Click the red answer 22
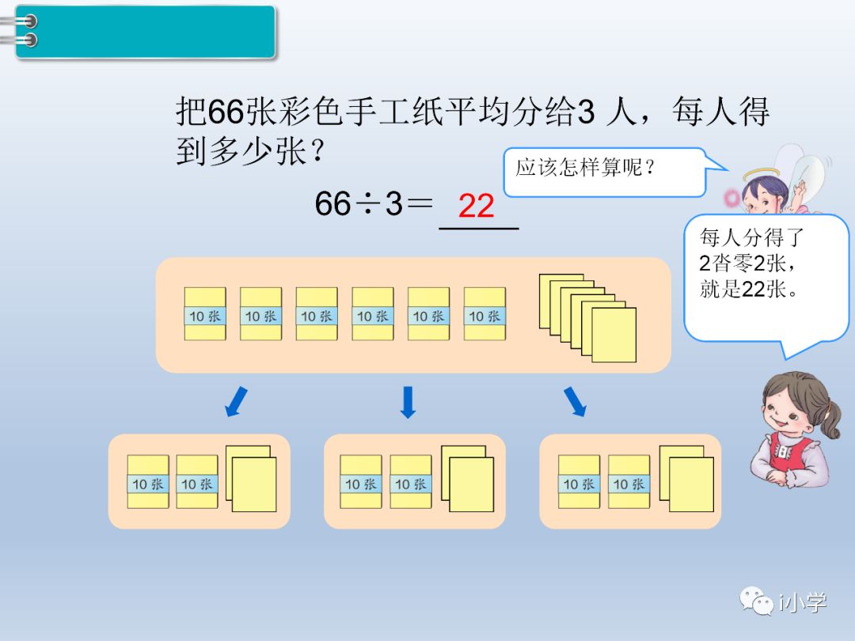477,206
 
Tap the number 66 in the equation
332,204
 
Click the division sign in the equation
368,204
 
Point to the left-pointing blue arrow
235,402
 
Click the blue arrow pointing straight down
408,402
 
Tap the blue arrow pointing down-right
576,402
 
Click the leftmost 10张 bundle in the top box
205,315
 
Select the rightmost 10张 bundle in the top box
484,315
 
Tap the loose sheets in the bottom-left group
252,480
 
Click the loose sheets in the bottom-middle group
467,480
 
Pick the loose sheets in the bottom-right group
686,480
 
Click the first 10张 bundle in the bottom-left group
148,483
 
